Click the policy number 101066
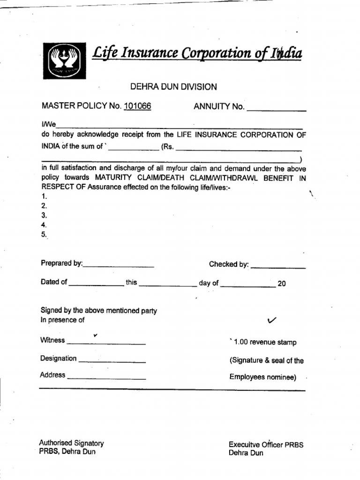click(x=137, y=107)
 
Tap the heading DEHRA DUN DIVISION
click(x=173, y=87)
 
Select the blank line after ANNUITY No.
click(x=276, y=109)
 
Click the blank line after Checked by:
click(x=278, y=267)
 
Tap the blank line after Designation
click(x=112, y=361)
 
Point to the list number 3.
click(x=45, y=216)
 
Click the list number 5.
click(x=45, y=235)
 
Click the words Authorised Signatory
click(x=71, y=443)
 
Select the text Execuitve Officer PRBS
click(x=266, y=444)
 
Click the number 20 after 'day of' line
click(x=282, y=284)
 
